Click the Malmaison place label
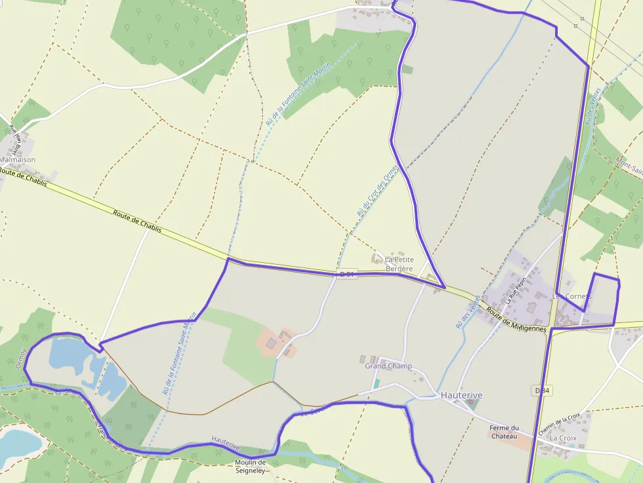click(18, 159)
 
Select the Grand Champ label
click(388, 366)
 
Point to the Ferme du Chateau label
click(504, 432)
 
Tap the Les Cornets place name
click(571, 296)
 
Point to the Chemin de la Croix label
click(559, 424)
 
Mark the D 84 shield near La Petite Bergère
click(348, 273)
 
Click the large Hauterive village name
click(461, 395)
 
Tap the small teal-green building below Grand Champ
click(377, 383)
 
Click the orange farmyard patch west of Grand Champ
click(276, 341)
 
